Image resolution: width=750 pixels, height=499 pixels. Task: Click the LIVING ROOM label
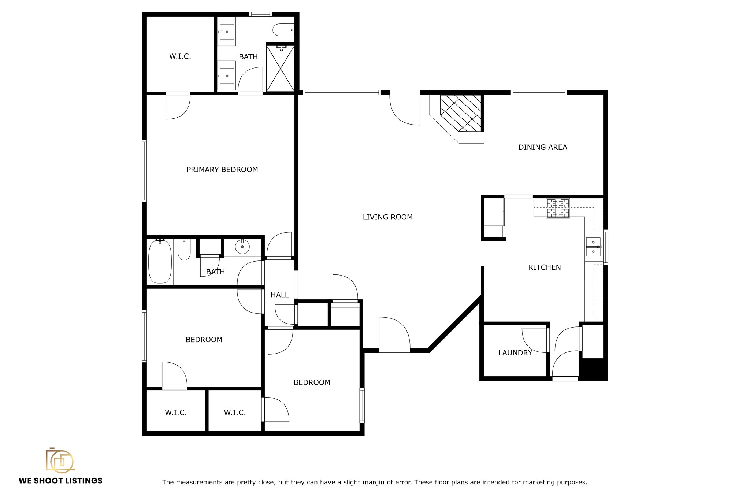[387, 217]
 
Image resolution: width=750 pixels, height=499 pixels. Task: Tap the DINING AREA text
[543, 147]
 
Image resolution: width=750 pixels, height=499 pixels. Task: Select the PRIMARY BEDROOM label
[222, 170]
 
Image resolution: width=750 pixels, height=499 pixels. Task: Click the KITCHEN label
[545, 267]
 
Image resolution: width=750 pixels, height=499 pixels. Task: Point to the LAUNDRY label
[515, 353]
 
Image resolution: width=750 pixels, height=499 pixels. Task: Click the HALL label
[279, 295]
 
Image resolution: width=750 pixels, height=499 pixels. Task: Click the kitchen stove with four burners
[558, 208]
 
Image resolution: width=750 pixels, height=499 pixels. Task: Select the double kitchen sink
[593, 247]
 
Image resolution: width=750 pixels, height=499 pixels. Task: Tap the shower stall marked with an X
[281, 68]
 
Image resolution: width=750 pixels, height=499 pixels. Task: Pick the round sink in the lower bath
[242, 247]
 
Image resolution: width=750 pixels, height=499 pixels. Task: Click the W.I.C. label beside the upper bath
[180, 56]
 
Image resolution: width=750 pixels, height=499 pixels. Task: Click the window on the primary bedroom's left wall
[144, 171]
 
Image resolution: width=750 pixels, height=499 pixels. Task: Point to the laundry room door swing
[534, 340]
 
